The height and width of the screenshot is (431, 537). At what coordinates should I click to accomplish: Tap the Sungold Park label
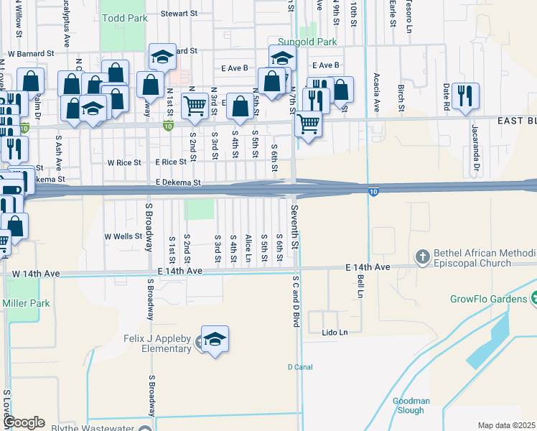(x=307, y=42)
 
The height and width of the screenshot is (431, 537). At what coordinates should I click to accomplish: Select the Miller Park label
(x=26, y=303)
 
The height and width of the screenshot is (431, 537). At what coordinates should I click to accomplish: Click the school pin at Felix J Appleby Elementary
(x=215, y=340)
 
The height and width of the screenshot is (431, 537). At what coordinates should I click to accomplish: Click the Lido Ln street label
(x=334, y=333)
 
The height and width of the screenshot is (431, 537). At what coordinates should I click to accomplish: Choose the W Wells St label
(x=123, y=236)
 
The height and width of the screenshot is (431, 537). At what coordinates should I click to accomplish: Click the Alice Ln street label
(x=248, y=247)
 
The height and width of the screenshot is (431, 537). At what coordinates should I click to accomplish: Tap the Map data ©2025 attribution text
(x=506, y=425)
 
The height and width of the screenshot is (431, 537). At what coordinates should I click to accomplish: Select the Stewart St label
(x=179, y=13)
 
